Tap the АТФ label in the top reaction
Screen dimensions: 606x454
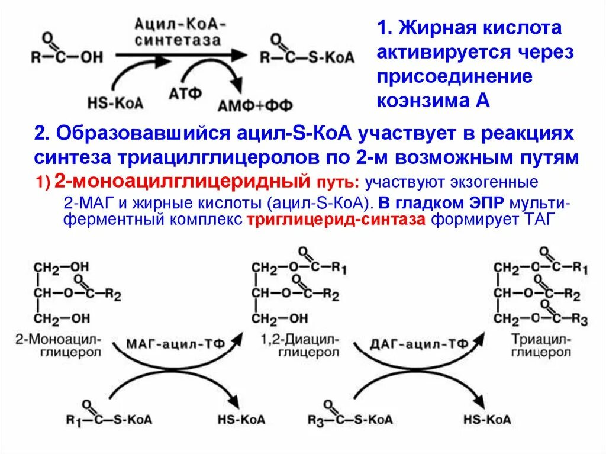[x=186, y=94]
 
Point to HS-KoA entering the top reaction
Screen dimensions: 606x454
[x=115, y=102]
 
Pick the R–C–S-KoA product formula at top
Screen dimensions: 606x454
[x=307, y=57]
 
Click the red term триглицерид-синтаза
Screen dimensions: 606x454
[x=336, y=220]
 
